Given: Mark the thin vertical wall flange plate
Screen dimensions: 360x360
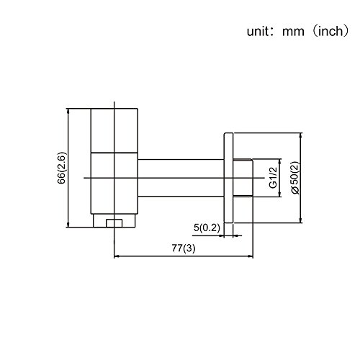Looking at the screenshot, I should click(229, 177).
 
